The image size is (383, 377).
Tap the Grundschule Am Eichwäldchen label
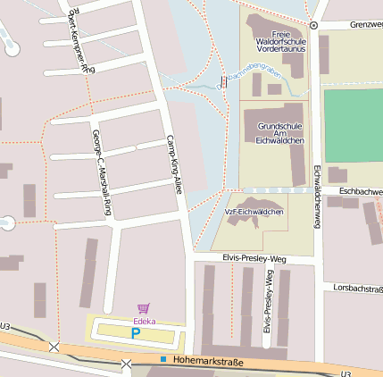pyautogui.click(x=280, y=133)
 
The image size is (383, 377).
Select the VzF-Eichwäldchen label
pyautogui.click(x=254, y=212)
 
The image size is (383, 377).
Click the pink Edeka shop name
pyautogui.click(x=144, y=320)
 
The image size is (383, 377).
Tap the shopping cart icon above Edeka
pyautogui.click(x=144, y=308)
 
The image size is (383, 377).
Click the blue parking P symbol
pyautogui.click(x=136, y=333)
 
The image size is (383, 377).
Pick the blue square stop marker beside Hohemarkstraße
pyautogui.click(x=163, y=359)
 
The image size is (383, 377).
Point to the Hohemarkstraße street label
pyautogui.click(x=208, y=360)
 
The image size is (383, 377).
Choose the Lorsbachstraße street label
pyautogui.click(x=357, y=289)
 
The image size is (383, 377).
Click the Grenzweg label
pyautogui.click(x=366, y=25)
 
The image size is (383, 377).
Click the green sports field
pyautogui.click(x=353, y=125)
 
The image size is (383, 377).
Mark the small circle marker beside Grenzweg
pyautogui.click(x=313, y=25)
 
